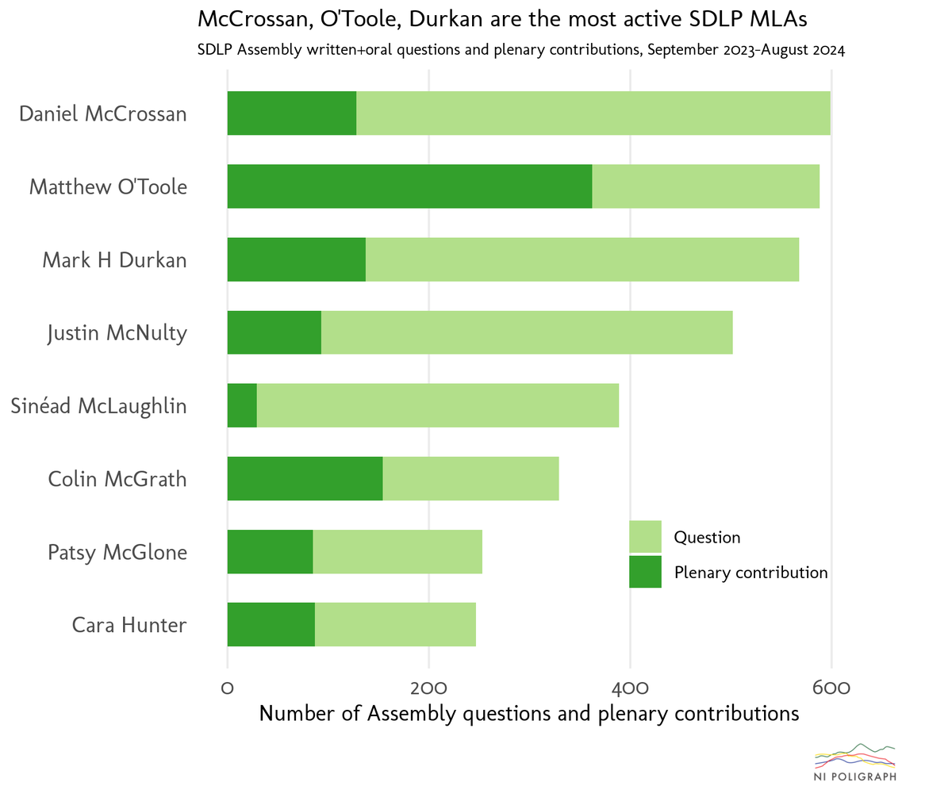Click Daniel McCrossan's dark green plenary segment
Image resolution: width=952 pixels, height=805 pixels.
[x=291, y=113]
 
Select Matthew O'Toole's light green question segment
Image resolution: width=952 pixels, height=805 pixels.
[x=705, y=186]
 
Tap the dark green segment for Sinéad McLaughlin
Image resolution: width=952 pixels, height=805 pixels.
[x=242, y=405]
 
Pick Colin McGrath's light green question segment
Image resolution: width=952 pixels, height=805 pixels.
[x=470, y=478]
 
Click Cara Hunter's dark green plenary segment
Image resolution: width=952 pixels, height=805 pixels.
[x=271, y=624]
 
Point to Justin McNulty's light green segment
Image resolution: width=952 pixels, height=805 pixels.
[x=526, y=332]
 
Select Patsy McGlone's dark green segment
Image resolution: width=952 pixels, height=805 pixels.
[x=270, y=551]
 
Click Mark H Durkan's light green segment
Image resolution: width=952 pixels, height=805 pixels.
[x=582, y=259]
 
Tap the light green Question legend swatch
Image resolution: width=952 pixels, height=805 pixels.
[x=645, y=536]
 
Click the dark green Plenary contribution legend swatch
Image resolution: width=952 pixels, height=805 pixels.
[x=645, y=572]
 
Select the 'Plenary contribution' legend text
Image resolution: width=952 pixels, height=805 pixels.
[x=750, y=573]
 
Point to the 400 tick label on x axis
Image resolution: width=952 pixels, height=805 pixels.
[x=630, y=688]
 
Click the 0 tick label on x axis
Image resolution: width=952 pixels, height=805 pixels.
[x=228, y=688]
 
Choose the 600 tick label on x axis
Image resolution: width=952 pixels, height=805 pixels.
[x=831, y=688]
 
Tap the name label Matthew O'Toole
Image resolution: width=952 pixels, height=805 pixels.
[x=108, y=187]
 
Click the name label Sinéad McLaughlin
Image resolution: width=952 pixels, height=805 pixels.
[x=98, y=406]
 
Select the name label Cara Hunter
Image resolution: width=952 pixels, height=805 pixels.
[x=129, y=625]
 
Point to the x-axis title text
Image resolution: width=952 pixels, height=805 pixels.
[x=529, y=714]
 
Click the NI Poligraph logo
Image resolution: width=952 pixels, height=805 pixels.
[x=855, y=763]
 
